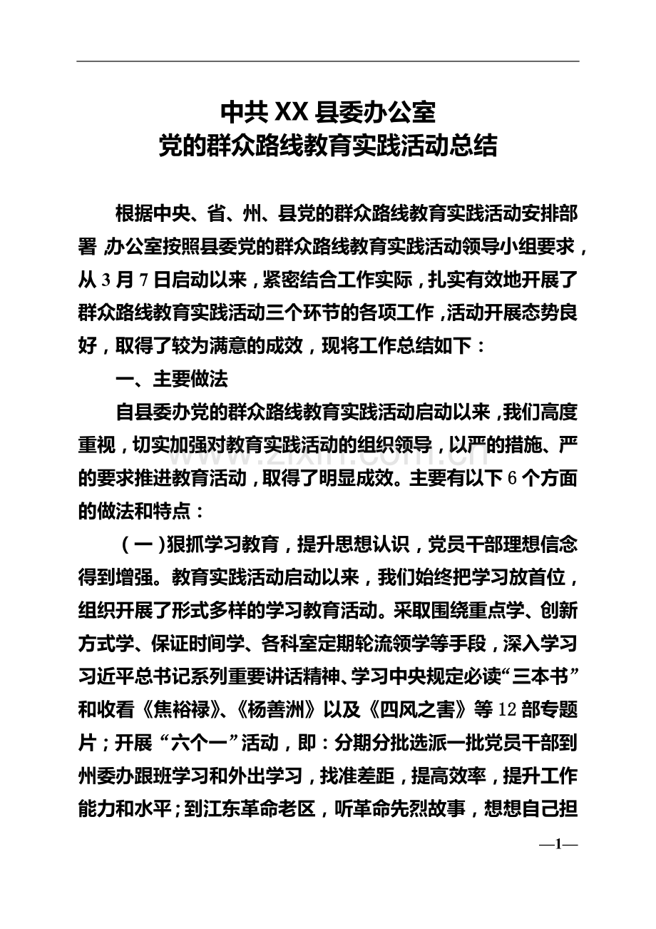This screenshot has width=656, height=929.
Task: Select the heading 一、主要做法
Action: (x=171, y=380)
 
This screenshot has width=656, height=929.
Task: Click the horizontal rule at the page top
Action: (x=328, y=61)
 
